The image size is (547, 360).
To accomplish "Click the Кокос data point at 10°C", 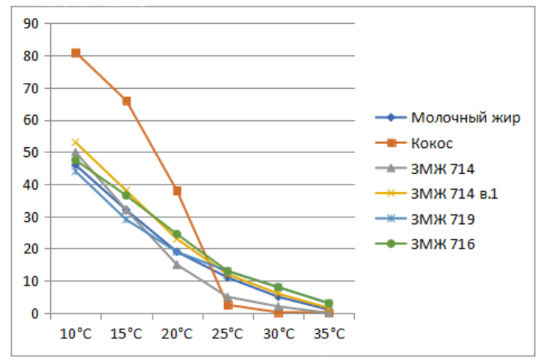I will coord(75,53).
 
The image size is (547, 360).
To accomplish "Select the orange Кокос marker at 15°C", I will coord(126,101).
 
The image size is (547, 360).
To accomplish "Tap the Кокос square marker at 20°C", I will coord(177,190).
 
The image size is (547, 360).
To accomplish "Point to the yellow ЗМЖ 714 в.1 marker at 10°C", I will coord(75,143).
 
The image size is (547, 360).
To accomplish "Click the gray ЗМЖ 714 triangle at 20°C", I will coord(177,264).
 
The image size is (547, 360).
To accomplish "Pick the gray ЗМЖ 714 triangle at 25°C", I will coord(228,297).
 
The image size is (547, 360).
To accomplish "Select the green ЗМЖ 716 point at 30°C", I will coord(278,287).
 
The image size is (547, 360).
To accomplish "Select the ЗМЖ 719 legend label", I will coord(444,219).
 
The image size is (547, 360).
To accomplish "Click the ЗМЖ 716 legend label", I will coord(444,244).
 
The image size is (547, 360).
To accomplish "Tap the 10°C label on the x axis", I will coord(75,332).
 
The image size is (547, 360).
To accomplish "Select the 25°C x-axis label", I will coord(228,332).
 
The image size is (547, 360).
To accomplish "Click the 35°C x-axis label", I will coord(329,332).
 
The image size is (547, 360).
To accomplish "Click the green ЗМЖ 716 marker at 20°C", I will coord(177,235).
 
